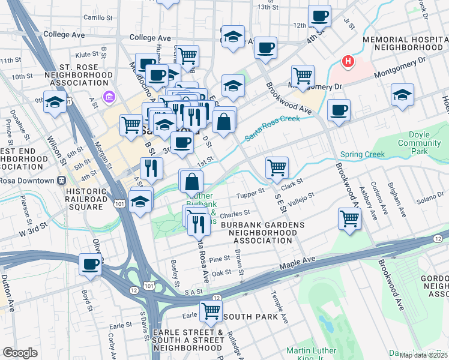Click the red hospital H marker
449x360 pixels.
tap(347, 61)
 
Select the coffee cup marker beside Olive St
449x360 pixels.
tap(91, 263)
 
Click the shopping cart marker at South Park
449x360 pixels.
tap(211, 311)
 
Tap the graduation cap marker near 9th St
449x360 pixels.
tap(55, 103)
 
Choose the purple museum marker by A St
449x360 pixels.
tap(109, 96)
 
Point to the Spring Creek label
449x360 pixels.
tap(362, 154)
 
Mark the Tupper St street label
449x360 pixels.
tap(251, 193)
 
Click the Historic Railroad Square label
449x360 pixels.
tap(86, 199)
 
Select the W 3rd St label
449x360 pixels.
tap(32, 230)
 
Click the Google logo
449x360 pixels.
tap(20, 353)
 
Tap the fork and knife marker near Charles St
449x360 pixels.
tap(199, 224)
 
